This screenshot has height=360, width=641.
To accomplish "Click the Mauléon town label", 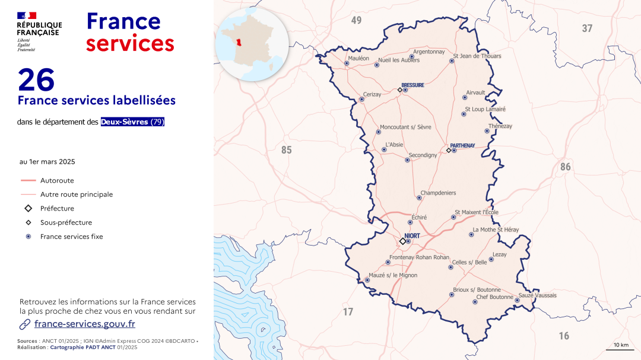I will [358, 58].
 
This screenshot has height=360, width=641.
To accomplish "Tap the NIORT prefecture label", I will [412, 235].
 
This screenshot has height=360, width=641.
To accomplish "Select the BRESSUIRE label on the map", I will [412, 85].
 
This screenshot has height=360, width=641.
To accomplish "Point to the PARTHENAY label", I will [462, 145].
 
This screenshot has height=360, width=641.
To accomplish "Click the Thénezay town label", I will [500, 126].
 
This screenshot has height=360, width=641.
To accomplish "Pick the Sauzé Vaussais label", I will [538, 295].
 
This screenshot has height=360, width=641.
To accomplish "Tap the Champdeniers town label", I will [438, 193].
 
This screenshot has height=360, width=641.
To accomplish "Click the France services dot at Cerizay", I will [361, 99].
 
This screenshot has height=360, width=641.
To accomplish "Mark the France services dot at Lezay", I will [491, 259].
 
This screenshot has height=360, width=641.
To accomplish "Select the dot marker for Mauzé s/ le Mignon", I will [367, 280].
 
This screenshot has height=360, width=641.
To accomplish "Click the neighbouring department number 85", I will [287, 150].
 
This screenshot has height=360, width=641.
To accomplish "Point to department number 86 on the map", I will [565, 167].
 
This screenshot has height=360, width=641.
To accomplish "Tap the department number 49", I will [356, 20].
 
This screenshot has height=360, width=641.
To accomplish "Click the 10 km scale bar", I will [620, 349].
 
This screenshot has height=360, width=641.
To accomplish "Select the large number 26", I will [36, 79].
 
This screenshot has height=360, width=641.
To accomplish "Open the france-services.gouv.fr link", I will [85, 324].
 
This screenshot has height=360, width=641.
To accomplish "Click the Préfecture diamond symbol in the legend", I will [28, 209].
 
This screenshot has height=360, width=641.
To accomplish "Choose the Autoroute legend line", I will [28, 180].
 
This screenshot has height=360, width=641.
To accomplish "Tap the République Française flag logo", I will [27, 15].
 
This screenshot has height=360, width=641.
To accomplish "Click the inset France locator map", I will [252, 44].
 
